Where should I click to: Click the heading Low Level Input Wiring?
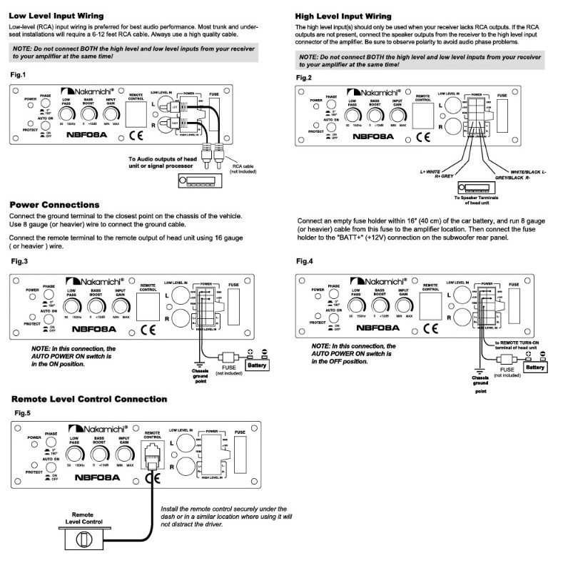[x=56, y=15]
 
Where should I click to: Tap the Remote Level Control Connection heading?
[x=89, y=398]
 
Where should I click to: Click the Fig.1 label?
[x=18, y=75]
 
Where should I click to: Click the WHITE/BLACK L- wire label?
[x=528, y=172]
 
